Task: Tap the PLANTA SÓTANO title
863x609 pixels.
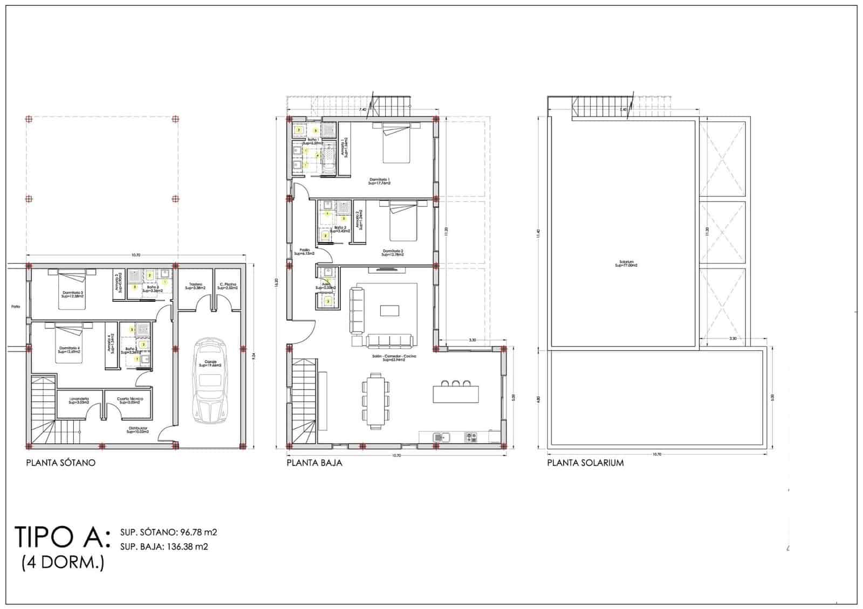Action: (61, 462)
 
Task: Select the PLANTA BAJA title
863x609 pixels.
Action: (314, 462)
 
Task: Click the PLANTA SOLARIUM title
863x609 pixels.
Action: (585, 462)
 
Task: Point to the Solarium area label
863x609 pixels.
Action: (626, 265)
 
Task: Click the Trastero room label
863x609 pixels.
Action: (194, 286)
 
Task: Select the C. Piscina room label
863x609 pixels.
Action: (228, 286)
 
